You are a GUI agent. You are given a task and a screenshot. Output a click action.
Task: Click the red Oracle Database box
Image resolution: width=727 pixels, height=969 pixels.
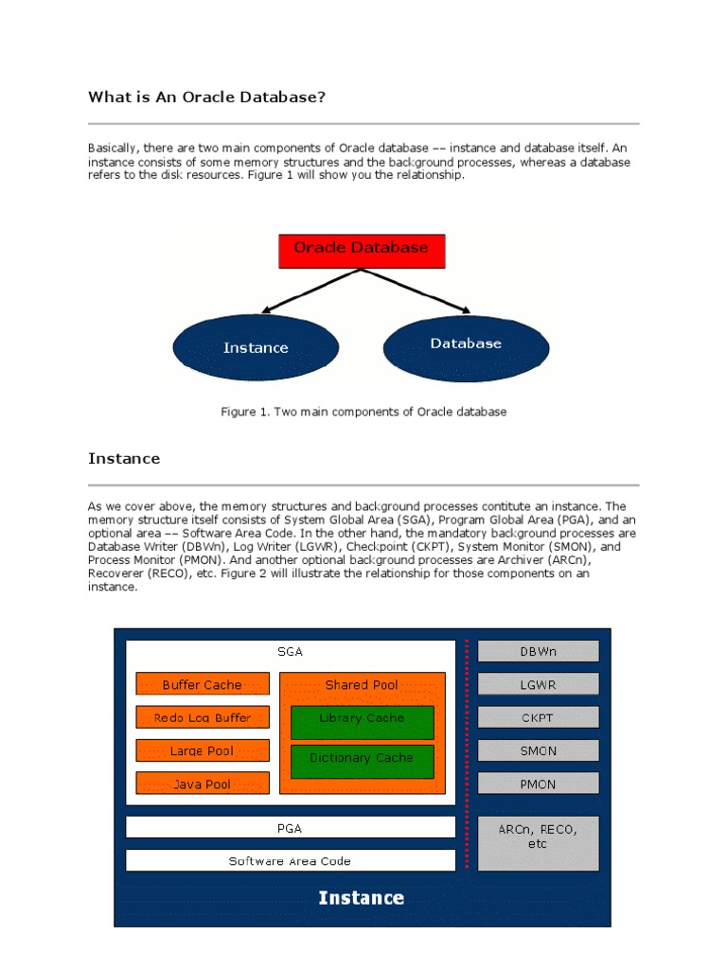pyautogui.click(x=361, y=250)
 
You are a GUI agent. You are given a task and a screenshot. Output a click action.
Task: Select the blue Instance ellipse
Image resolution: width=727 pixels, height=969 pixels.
pyautogui.click(x=256, y=348)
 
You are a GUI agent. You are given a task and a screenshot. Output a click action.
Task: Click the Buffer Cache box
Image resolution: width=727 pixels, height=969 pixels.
pyautogui.click(x=203, y=684)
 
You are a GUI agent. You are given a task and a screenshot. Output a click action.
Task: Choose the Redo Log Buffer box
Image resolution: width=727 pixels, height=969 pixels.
pyautogui.click(x=203, y=717)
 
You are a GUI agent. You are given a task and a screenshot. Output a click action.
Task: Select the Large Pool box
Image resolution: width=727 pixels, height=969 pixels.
pyautogui.click(x=203, y=750)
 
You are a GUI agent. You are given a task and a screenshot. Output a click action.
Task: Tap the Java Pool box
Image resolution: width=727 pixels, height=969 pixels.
pyautogui.click(x=203, y=784)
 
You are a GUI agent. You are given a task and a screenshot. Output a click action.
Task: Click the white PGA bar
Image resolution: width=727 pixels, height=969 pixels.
pyautogui.click(x=290, y=828)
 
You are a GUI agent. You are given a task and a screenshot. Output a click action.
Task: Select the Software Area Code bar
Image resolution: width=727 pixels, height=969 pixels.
pyautogui.click(x=290, y=861)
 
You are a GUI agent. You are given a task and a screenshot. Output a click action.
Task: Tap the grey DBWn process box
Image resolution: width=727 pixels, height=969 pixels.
pyautogui.click(x=538, y=652)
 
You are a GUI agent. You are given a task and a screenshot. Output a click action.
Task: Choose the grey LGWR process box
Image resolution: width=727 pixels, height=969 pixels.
pyautogui.click(x=538, y=684)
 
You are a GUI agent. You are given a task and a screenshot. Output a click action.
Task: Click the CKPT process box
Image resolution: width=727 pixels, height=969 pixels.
pyautogui.click(x=538, y=717)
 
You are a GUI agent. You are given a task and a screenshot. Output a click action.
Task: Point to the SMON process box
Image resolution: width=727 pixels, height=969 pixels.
pyautogui.click(x=538, y=750)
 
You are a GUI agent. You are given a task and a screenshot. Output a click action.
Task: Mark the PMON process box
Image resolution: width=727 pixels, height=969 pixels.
pyautogui.click(x=538, y=784)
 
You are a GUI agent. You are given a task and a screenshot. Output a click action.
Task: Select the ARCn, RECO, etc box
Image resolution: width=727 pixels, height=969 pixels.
pyautogui.click(x=538, y=842)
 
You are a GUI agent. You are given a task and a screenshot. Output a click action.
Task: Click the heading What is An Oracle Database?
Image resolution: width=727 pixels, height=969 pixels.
pyautogui.click(x=207, y=97)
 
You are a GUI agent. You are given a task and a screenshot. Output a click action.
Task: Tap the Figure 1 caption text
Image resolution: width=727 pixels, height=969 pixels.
pyautogui.click(x=363, y=412)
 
